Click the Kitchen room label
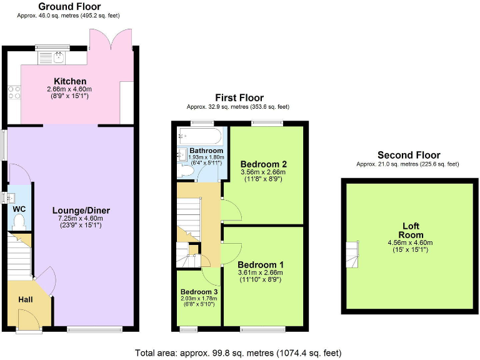pos(70,81)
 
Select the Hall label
pos(25,300)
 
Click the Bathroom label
pos(206,151)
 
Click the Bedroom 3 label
pos(199,292)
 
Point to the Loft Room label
pos(411,230)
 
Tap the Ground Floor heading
pos(70,6)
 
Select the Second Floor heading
pos(409,155)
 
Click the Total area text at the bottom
pos(239,352)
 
